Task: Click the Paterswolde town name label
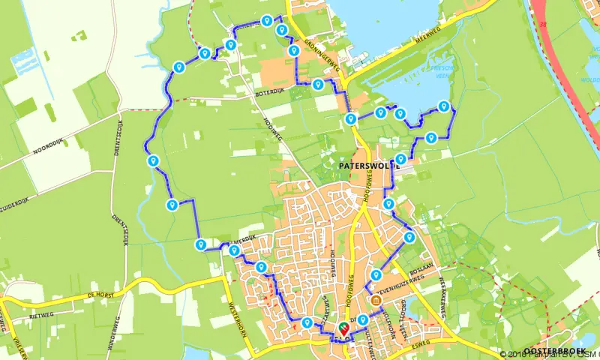[x=363, y=162]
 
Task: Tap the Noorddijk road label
[x=52, y=147]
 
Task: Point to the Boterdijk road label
[x=271, y=95]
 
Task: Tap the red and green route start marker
[x=344, y=327]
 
